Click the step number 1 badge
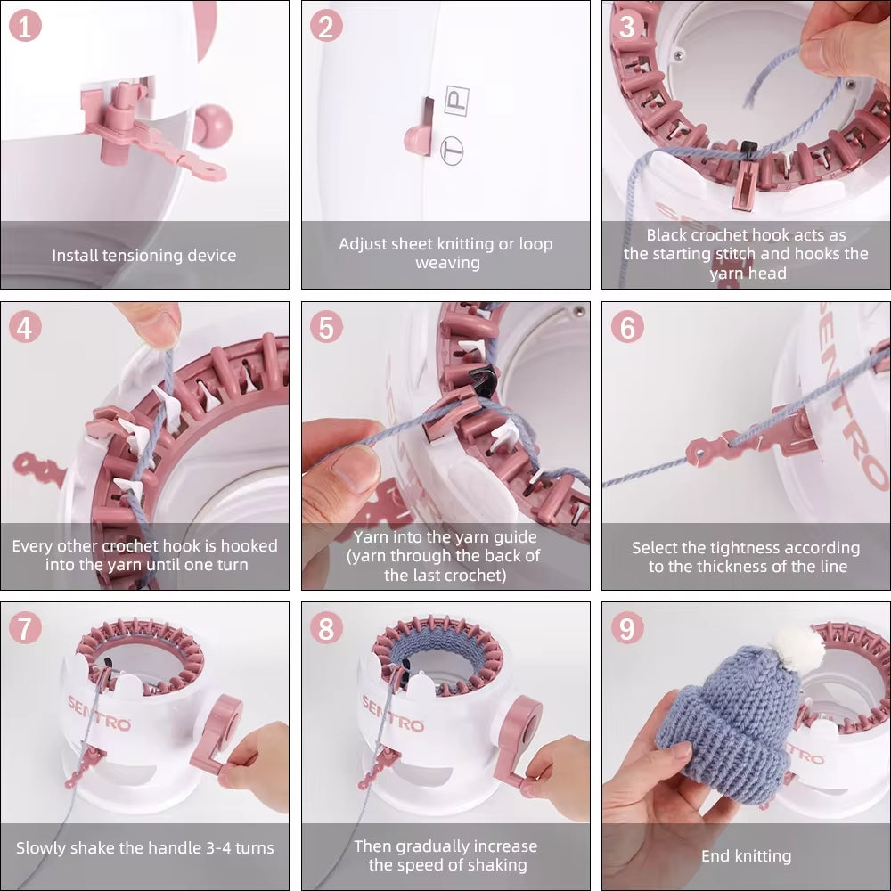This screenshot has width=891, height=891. [x=25, y=26]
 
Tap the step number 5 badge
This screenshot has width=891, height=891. [x=326, y=327]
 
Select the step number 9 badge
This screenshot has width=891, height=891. [x=626, y=628]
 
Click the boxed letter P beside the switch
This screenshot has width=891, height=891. [x=457, y=101]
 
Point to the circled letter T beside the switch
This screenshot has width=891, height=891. [x=453, y=151]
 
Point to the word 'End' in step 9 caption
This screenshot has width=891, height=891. [x=715, y=855]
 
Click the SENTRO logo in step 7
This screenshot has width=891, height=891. [x=100, y=713]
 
